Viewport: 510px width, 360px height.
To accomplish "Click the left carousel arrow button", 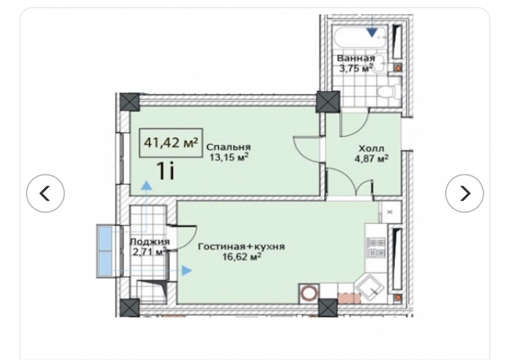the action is pos(45,193).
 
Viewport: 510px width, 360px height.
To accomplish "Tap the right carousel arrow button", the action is pos(465,193).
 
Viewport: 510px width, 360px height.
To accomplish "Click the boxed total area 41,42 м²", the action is pos(171,143).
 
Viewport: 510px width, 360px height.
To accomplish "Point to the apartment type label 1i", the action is pos(166,171).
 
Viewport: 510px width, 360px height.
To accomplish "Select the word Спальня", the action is pos(229,147).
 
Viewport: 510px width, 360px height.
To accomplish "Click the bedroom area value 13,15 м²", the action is pos(229,157).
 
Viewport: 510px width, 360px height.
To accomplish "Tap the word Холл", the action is pos(371,148).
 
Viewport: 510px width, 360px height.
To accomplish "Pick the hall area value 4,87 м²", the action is pos(371,159).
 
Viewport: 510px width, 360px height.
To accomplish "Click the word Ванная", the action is pos(356,58).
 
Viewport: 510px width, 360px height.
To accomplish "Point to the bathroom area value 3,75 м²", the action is pos(356,68).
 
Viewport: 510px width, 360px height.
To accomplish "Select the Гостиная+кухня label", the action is pos(241,247).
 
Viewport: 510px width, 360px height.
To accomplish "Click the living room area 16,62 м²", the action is pos(242,257).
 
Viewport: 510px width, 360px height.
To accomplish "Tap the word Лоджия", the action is pos(150,242).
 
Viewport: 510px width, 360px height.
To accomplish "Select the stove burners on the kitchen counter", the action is pos(375,247).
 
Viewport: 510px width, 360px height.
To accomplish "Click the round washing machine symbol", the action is pos(309,292).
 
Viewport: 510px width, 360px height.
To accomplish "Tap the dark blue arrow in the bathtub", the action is pos(372,32).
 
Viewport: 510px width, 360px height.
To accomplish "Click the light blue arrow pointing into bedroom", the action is pos(147,185).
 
